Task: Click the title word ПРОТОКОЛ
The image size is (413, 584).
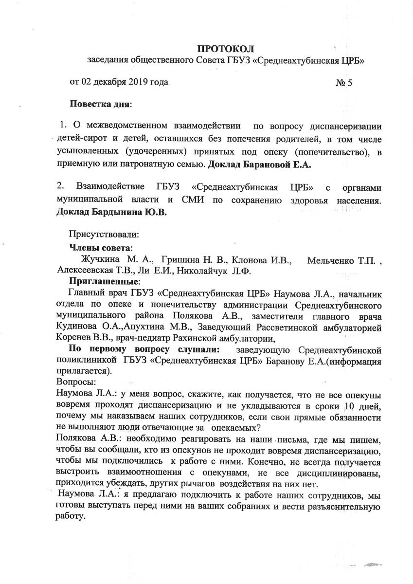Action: pos(225,48)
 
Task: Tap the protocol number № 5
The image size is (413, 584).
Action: pos(344,82)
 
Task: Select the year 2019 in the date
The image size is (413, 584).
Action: pos(139,82)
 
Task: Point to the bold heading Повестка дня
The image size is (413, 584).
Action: pos(101,104)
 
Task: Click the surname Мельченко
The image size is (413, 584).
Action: pos(332,258)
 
